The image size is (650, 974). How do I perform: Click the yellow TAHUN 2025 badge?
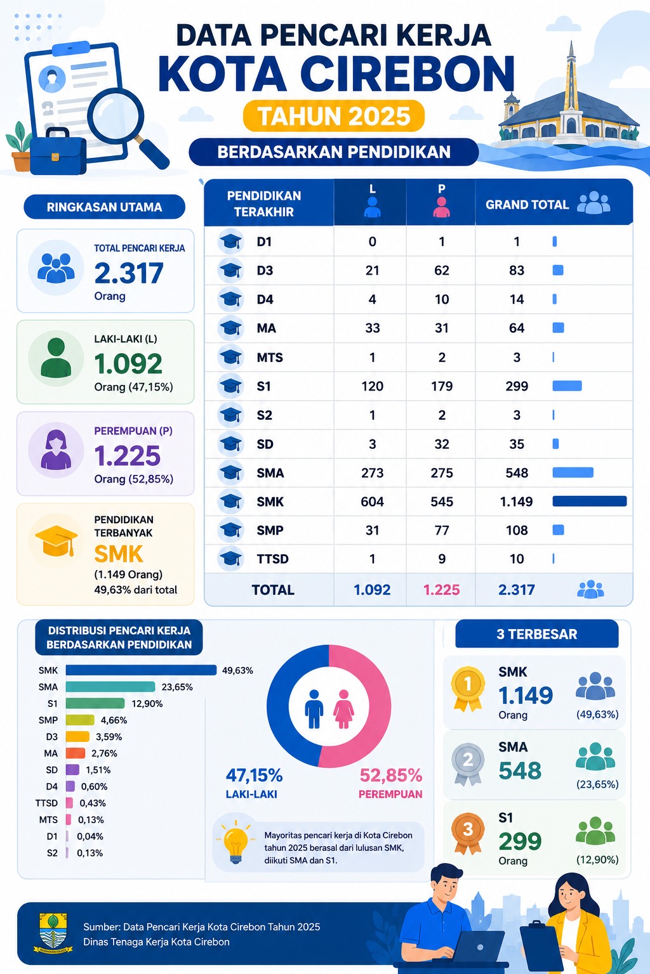click(333, 116)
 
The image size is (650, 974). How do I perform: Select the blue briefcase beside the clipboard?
click(58, 152)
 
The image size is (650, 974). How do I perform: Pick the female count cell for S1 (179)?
click(441, 386)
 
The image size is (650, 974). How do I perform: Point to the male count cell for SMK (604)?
click(372, 502)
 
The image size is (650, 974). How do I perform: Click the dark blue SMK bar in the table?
click(590, 502)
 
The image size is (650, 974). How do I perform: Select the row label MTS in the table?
click(270, 358)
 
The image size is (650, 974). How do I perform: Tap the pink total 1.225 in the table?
click(441, 590)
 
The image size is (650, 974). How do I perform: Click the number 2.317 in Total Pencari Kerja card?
click(129, 273)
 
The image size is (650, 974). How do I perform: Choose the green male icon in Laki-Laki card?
click(56, 358)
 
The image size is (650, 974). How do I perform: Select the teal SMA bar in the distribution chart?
click(110, 687)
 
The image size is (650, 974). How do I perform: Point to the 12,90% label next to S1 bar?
click(147, 703)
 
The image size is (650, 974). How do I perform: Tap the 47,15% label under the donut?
click(255, 776)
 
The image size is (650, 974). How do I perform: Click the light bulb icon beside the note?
click(235, 842)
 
